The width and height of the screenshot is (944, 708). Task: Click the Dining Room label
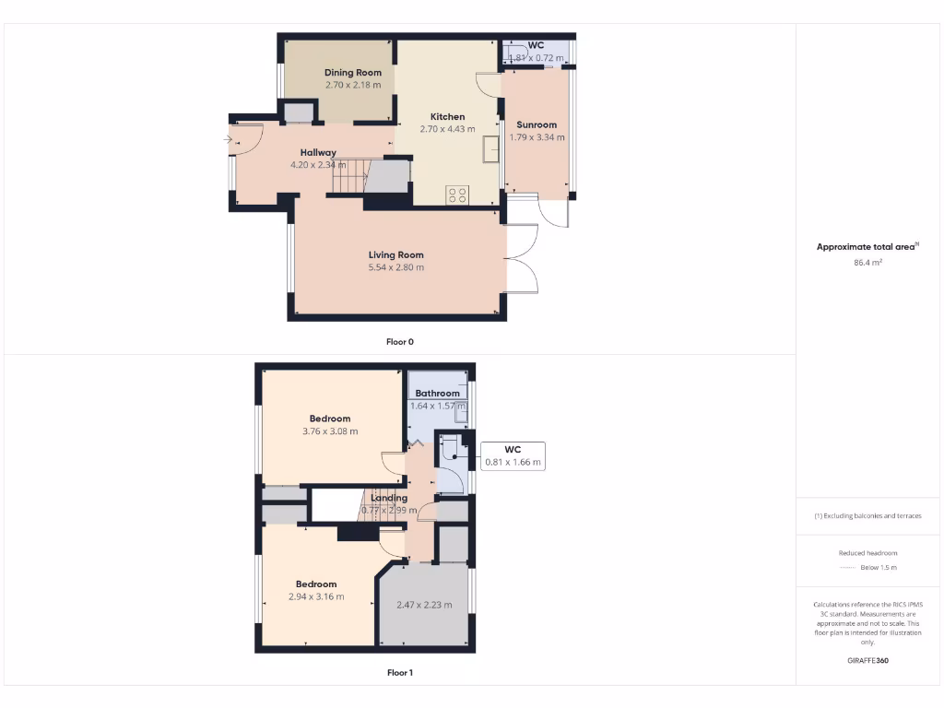[352, 72]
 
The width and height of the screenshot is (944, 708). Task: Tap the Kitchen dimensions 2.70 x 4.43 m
[447, 129]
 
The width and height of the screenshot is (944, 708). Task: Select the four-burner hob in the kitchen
[457, 194]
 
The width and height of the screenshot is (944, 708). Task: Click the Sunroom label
[537, 124]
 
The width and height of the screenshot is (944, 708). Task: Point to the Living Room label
[395, 255]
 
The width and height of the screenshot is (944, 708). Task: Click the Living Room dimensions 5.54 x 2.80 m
[395, 267]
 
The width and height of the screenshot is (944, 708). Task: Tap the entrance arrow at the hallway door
[228, 140]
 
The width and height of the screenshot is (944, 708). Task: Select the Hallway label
[318, 153]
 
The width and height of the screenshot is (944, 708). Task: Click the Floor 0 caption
[399, 341]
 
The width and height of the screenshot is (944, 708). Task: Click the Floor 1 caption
[399, 673]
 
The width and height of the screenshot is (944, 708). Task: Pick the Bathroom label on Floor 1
[437, 394]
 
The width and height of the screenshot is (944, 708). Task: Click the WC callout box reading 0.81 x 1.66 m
[513, 455]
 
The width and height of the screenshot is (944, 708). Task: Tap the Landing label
[389, 498]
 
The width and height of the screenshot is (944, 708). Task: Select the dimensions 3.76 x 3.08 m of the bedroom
[330, 431]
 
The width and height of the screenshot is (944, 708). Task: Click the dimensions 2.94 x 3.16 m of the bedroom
[316, 596]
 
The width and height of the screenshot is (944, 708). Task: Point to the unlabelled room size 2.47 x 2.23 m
[424, 605]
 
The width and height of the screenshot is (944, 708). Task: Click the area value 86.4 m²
[868, 263]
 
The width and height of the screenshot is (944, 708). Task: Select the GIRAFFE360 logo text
[868, 661]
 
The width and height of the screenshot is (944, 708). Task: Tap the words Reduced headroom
[867, 553]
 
